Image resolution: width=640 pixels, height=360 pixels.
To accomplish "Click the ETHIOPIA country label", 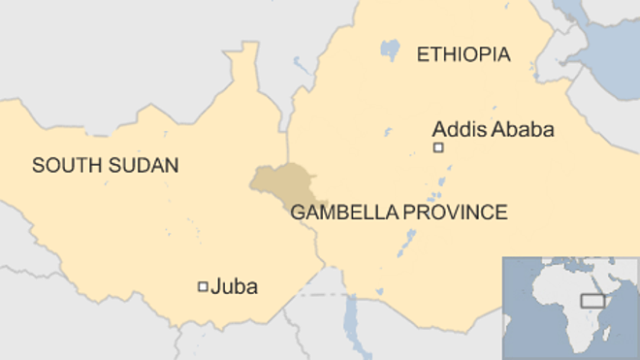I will (463, 55).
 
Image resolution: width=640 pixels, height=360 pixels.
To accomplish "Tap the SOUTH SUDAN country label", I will (105, 165).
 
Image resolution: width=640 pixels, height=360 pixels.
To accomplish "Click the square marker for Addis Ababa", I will (438, 148).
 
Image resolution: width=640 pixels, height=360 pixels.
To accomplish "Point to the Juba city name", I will (236, 287).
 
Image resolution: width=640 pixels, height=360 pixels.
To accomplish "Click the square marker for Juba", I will (203, 286).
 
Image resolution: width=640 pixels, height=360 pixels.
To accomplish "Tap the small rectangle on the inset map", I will (594, 300).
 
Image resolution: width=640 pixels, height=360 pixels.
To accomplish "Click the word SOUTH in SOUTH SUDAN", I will (61, 165).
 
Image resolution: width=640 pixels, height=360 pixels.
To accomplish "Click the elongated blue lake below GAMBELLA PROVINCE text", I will (409, 241).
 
